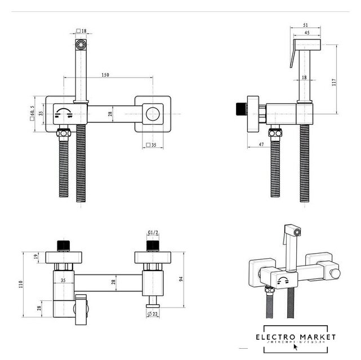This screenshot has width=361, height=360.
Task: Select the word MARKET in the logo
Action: [319, 337]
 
